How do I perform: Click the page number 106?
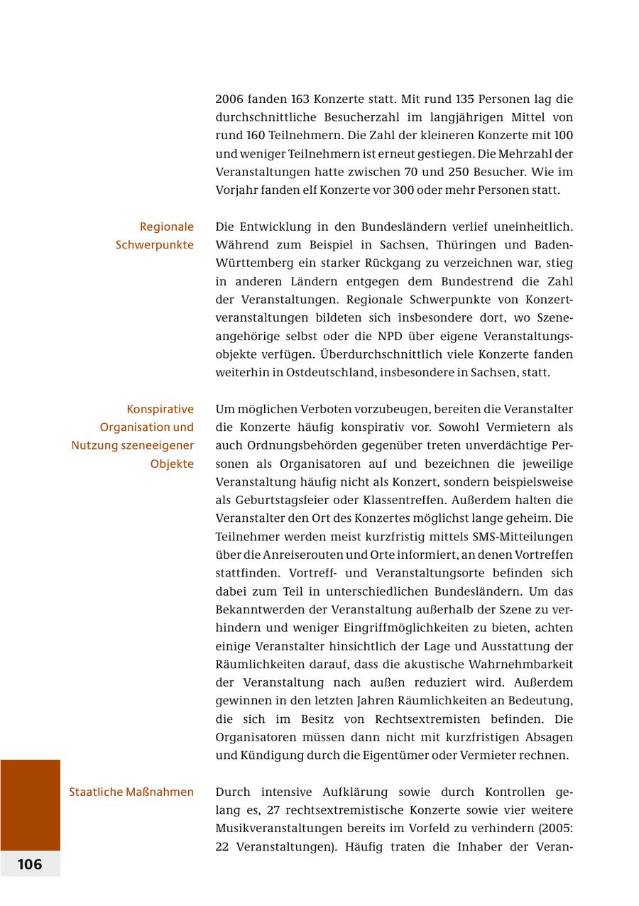pos(30,864)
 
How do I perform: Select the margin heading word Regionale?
pos(167,227)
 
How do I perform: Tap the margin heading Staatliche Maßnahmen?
pos(131,792)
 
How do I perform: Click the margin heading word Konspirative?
pos(160,409)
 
